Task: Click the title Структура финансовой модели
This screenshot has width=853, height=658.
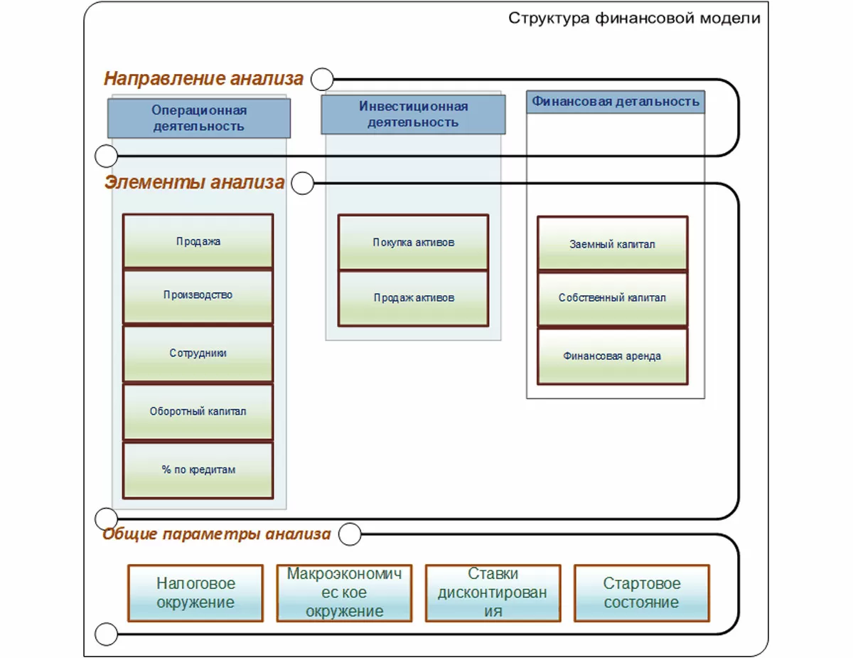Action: [x=634, y=18]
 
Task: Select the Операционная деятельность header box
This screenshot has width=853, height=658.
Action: [x=199, y=118]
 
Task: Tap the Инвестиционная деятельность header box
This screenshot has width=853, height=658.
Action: [x=413, y=115]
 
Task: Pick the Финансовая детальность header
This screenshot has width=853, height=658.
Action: [x=616, y=102]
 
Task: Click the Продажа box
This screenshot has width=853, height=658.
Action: [x=198, y=242]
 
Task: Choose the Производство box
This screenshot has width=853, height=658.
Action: [x=198, y=296]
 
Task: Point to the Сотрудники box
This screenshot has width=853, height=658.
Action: [x=198, y=354]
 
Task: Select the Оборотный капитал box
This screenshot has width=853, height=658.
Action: [x=198, y=412]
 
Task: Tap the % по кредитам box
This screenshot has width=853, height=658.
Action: [x=198, y=470]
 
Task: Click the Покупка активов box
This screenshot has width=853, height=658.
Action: [x=413, y=243]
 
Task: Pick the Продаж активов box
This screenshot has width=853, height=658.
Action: [x=413, y=298]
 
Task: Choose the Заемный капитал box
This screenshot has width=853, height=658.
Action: [x=612, y=244]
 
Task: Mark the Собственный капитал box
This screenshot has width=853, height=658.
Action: [x=612, y=299]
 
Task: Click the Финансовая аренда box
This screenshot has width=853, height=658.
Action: [x=612, y=356]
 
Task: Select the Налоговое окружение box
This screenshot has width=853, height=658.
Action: [x=195, y=593]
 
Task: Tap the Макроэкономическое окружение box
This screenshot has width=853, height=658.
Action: [x=344, y=593]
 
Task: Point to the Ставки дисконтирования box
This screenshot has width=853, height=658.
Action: [x=493, y=593]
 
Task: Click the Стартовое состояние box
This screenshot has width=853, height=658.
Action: [x=641, y=593]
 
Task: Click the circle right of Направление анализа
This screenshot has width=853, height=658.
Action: [x=322, y=78]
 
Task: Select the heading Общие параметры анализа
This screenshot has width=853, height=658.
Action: [x=217, y=534]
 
